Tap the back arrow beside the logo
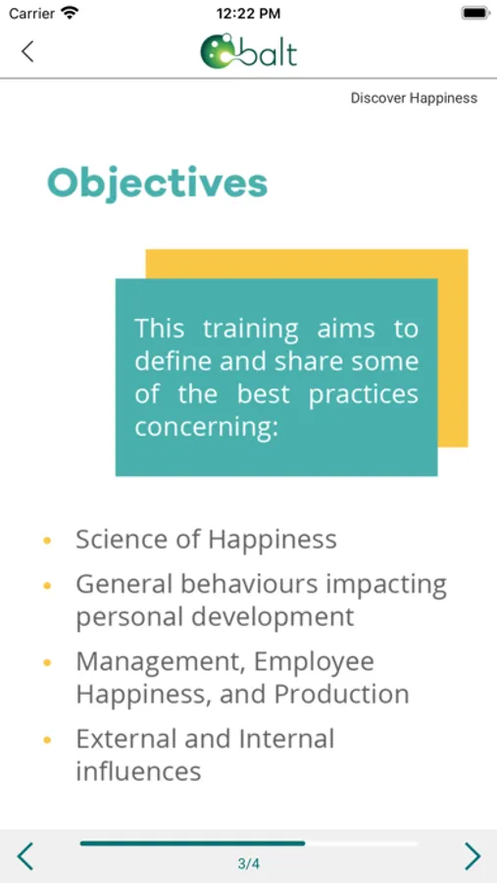pos(27,51)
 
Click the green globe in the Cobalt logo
pos(218,52)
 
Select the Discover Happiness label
pos(414,98)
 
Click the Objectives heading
pos(157,183)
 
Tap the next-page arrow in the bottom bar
pos(472,856)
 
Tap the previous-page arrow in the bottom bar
pos(25,856)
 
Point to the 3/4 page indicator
pos(248,863)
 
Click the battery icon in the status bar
pos(475,13)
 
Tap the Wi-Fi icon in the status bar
pos(70,13)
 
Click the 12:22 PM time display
pos(248,14)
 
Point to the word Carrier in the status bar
pos(31,14)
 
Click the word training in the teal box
pos(251,330)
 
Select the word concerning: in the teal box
pos(207,428)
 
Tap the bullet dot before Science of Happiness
pos(47,541)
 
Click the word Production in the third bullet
pos(341,695)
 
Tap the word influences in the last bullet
pos(138,771)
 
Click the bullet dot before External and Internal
pos(47,740)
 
